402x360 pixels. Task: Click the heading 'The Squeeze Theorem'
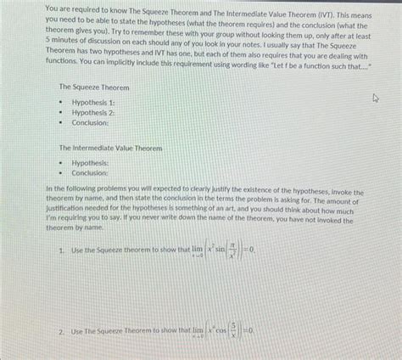(x=93, y=88)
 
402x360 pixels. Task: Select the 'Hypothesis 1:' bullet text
(x=99, y=102)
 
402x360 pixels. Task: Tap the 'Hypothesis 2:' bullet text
(x=99, y=112)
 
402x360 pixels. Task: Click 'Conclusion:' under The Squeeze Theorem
(x=96, y=122)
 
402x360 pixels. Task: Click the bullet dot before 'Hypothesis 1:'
(x=61, y=103)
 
